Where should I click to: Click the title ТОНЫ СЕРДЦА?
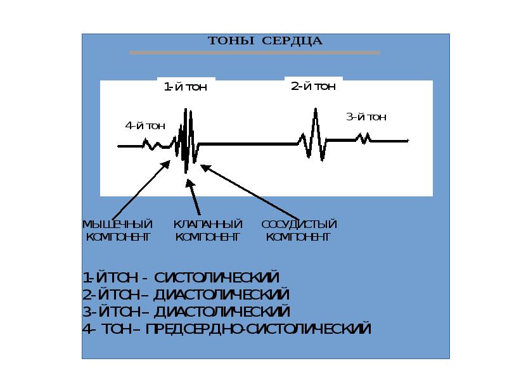[265, 41]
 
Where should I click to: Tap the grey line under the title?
[254, 53]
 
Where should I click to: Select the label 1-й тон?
[186, 87]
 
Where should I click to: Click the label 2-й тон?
[313, 87]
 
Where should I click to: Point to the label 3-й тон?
[366, 117]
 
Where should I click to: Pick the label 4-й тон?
[145, 125]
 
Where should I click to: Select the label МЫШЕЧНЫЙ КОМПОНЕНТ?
[118, 231]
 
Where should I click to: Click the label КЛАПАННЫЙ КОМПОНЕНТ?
[208, 231]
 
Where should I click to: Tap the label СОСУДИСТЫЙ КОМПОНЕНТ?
[298, 231]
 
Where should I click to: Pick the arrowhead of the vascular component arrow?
[203, 167]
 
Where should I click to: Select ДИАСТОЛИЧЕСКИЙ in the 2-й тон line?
[222, 295]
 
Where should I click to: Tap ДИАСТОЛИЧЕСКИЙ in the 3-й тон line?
[222, 312]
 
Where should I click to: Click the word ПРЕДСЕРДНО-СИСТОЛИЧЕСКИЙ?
[258, 329]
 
